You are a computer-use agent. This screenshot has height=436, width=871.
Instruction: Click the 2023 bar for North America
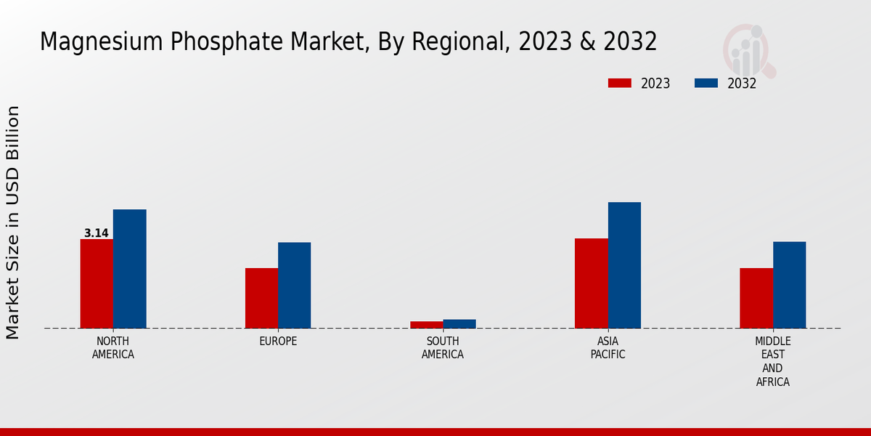(x=97, y=283)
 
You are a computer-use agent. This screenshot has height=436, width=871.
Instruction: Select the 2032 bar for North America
(x=129, y=269)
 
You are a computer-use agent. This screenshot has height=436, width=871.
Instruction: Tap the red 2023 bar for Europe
(x=261, y=298)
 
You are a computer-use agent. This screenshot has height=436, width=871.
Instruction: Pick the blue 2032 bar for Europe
(x=294, y=285)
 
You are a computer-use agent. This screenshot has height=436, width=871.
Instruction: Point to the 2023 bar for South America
(x=426, y=325)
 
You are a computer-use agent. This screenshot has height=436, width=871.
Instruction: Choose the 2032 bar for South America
(x=459, y=324)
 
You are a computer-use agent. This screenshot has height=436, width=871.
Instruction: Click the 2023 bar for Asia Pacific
(x=591, y=283)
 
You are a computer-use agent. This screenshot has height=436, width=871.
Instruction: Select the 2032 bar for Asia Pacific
(x=624, y=265)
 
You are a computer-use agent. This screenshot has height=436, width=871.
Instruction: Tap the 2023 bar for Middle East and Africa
(x=756, y=298)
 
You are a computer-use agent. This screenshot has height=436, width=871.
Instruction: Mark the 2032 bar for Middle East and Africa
(x=789, y=285)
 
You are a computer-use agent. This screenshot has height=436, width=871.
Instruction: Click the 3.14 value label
(x=97, y=233)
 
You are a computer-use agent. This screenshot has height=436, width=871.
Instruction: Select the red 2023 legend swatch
(x=619, y=83)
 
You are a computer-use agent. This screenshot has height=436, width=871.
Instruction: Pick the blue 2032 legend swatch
(x=706, y=83)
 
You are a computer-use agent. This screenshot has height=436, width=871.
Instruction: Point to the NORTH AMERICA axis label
(x=113, y=348)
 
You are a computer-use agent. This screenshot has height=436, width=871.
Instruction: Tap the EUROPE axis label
(x=278, y=342)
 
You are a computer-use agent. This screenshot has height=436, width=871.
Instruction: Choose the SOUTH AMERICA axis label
(x=443, y=348)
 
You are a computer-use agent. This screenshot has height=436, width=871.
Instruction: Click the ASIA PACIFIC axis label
(x=608, y=348)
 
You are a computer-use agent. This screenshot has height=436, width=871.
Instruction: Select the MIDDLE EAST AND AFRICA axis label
(x=773, y=362)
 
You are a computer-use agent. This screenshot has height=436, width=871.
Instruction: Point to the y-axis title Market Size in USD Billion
(x=13, y=222)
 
